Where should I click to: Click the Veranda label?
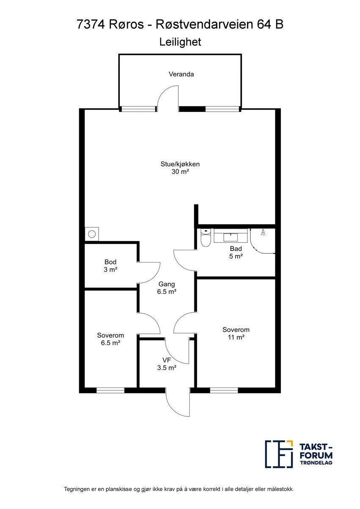181,74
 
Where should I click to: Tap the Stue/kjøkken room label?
180,168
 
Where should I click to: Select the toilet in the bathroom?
206,238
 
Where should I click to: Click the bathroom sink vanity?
230,235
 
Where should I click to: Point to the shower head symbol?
263,232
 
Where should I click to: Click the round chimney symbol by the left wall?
92,234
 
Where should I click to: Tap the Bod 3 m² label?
111,266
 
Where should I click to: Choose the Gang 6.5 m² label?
167,288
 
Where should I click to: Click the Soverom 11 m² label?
236,333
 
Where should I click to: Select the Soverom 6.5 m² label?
111,339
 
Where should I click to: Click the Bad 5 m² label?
236,252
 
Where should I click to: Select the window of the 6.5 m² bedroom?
111,390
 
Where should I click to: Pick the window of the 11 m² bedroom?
224,390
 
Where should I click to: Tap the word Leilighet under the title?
180,42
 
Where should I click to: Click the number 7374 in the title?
91,24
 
